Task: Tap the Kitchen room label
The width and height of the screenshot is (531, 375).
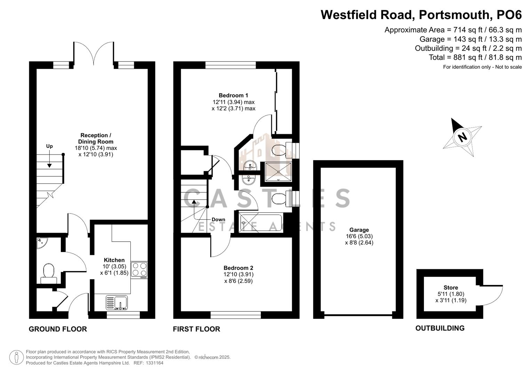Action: pos(114,260)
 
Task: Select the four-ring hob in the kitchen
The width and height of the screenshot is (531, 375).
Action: pos(139,269)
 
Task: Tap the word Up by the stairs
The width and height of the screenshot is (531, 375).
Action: pos(49,146)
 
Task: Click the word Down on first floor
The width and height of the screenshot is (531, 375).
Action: pos(218,219)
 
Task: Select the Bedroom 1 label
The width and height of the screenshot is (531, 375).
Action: pos(233,95)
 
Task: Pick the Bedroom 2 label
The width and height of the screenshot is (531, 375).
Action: pos(238,268)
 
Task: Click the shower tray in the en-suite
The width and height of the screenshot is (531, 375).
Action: pos(278,172)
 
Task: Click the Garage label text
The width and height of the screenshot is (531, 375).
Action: pos(359,230)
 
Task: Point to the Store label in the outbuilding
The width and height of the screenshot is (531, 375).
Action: pos(451,287)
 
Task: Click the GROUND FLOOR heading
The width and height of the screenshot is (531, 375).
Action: pos(58,329)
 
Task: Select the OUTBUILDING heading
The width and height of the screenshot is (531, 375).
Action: pos(440,328)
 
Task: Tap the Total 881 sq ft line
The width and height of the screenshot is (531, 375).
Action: pos(475,58)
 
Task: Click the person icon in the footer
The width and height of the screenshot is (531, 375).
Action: pos(16,357)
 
